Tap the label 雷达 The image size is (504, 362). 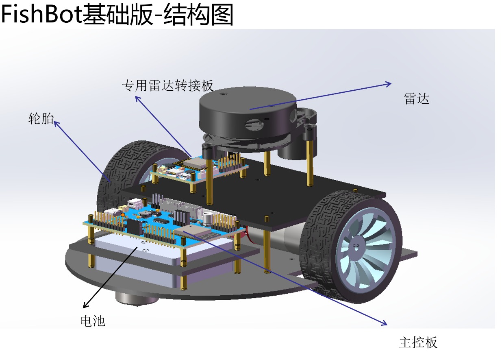[x=417, y=99]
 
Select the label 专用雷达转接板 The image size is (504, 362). [x=167, y=85]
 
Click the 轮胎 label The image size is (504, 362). [x=41, y=118]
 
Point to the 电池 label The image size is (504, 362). [x=93, y=321]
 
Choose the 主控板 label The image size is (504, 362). [x=418, y=342]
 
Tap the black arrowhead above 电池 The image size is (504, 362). [x=85, y=305]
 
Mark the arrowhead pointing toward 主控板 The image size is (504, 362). [x=384, y=323]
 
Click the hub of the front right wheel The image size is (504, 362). [x=356, y=246]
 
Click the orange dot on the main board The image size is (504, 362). [x=123, y=215]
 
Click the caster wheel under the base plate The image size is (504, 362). [x=137, y=298]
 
